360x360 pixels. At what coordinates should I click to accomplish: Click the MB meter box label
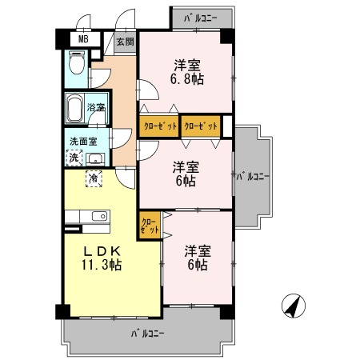pos(83,39)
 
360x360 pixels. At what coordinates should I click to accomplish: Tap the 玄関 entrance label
pos(125,42)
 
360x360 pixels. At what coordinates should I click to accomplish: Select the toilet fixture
pos(76,63)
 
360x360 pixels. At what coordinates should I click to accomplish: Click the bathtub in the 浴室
pos(74,109)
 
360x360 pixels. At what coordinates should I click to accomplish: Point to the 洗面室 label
pos(83,142)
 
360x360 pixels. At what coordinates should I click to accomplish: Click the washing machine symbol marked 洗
pos(74,158)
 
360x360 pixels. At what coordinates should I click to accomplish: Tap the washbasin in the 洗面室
pos(95,159)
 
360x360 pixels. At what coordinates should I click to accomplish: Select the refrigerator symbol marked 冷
pos(94,178)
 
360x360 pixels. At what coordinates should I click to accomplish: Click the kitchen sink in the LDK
pos(99,216)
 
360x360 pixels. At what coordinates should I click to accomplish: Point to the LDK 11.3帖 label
pos(102,258)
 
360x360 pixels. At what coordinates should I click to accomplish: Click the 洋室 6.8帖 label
pos(187,72)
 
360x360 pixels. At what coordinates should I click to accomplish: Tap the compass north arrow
pos(294,306)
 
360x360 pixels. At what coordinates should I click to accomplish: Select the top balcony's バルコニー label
pos(201,18)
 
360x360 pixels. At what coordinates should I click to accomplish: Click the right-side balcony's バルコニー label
pos(253,177)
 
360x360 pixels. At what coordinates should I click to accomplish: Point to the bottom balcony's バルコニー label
pos(147,334)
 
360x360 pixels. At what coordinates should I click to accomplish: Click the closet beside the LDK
pos(150,226)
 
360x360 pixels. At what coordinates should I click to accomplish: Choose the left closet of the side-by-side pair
pos(159,126)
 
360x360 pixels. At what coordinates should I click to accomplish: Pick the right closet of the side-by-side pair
pos(201,126)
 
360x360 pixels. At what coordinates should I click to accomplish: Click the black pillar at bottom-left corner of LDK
pos(62,311)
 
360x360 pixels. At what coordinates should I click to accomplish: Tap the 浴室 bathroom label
pos(96,107)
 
